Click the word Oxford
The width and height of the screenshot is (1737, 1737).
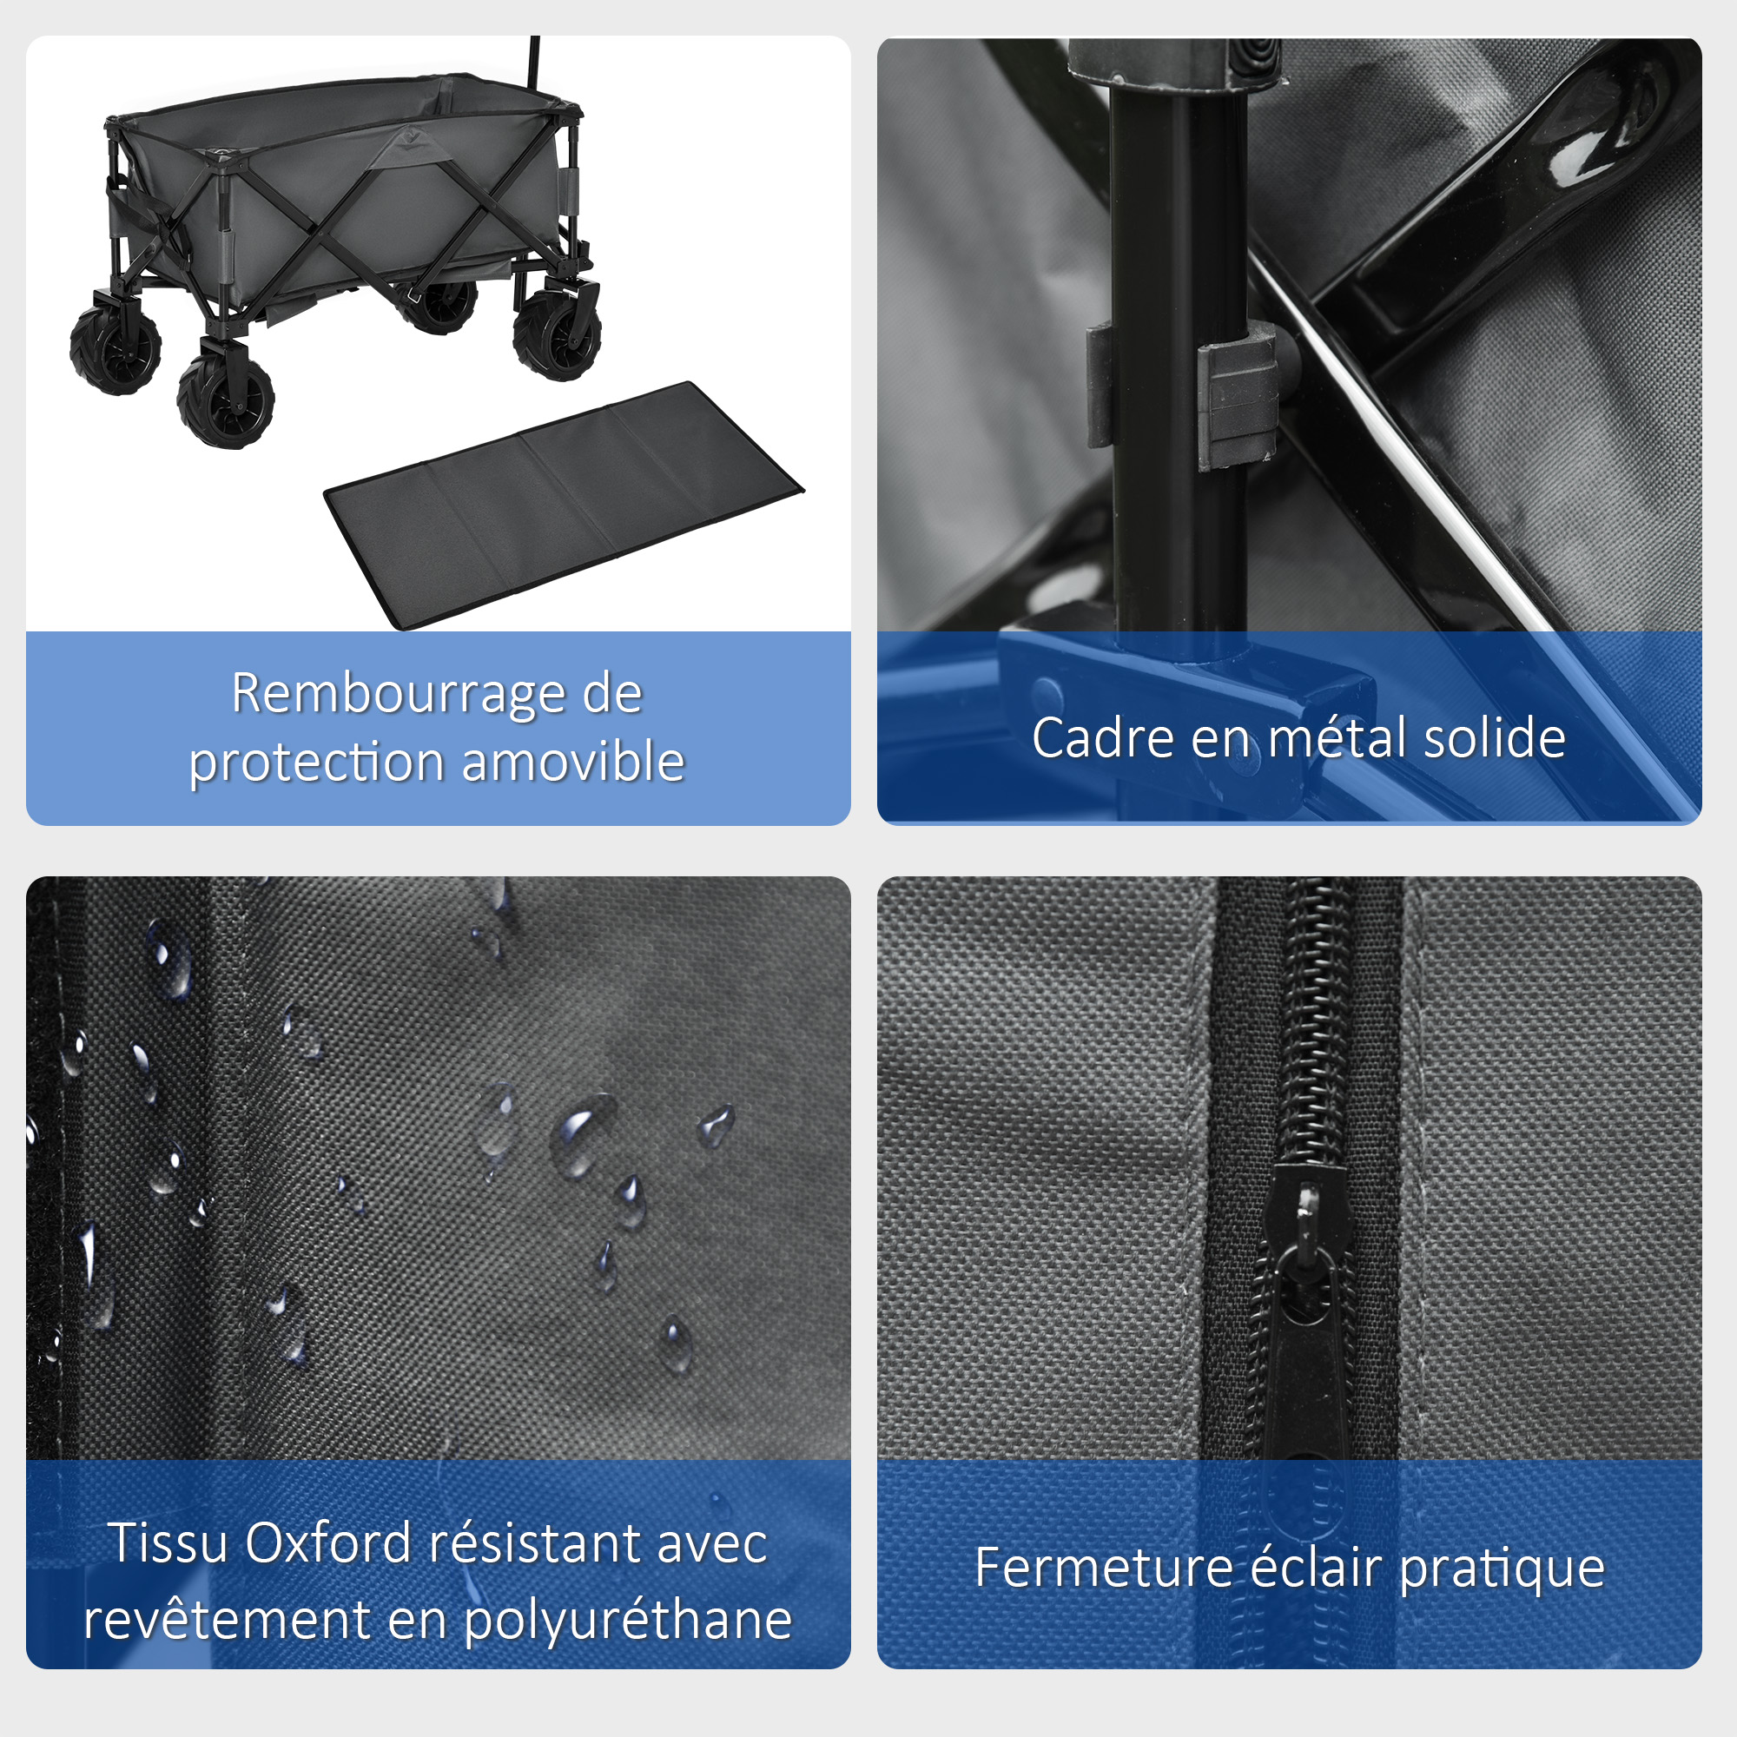tap(328, 1542)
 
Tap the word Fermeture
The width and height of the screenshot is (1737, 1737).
tap(1104, 1568)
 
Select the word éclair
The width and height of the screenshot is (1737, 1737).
tap(1317, 1567)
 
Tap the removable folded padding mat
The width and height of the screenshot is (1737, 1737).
tap(564, 505)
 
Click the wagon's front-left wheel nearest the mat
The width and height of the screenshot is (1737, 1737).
tap(225, 399)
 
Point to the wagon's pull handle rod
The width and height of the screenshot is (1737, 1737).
tap(535, 62)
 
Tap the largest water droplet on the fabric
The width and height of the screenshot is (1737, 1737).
tap(583, 1134)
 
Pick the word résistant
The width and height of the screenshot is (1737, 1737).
tap(535, 1542)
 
